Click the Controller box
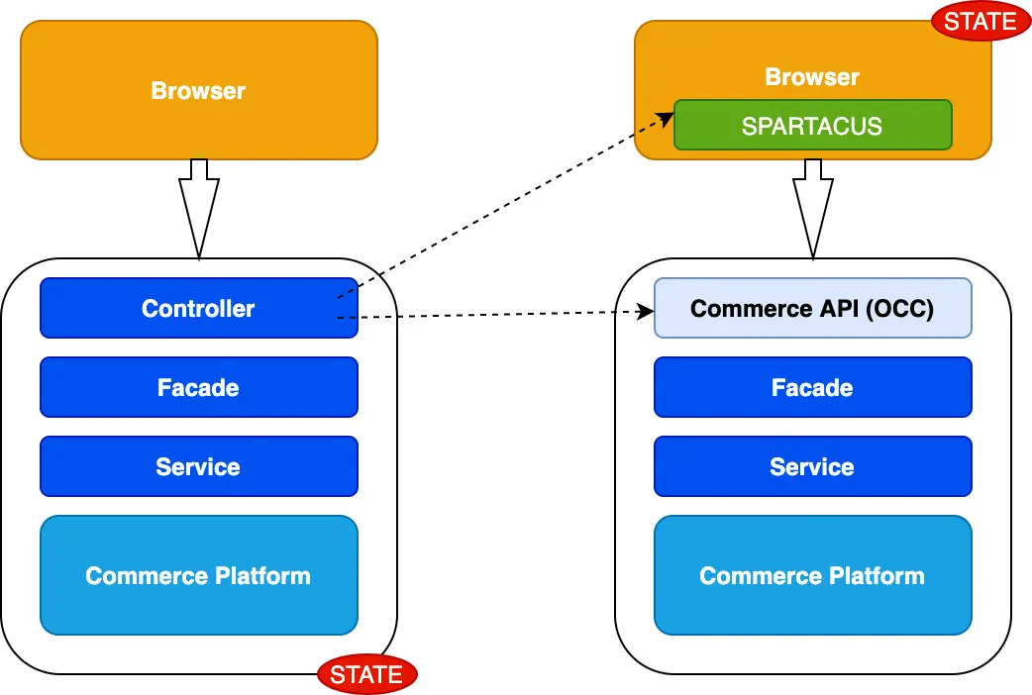pos(198,308)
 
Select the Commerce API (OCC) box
pos(812,308)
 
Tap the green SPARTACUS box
pos(812,126)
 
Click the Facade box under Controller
pos(198,387)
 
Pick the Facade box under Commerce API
pos(812,387)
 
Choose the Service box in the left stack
pos(198,466)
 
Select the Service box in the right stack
pos(812,466)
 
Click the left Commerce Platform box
pos(198,575)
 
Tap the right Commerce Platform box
pos(812,575)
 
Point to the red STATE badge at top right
pos(980,22)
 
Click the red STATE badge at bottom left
pos(366,675)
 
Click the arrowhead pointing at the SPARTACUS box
pos(667,117)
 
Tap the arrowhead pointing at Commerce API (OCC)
pos(647,312)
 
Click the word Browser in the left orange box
pos(198,90)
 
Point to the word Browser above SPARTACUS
pos(812,76)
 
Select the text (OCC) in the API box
pos(899,308)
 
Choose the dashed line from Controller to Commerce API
pos(495,315)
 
